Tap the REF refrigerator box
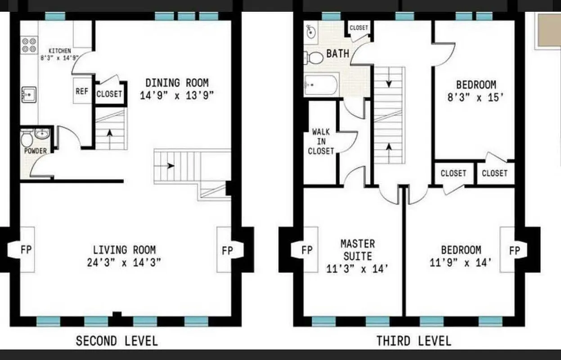pos(82,91)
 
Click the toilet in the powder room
pos(27,136)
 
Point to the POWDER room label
pos(36,151)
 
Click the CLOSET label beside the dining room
pos(109,94)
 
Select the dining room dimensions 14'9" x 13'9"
pos(176,96)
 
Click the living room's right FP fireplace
pos(228,250)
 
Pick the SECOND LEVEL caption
pos(117,341)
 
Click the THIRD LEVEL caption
pos(413,341)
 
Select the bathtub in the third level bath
pos(321,85)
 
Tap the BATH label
pos(337,54)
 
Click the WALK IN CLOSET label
pos(321,142)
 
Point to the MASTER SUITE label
pos(357,250)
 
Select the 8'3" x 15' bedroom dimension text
pos(476,97)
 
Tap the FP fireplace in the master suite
pos(306,250)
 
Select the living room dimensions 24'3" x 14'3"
pos(124,263)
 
